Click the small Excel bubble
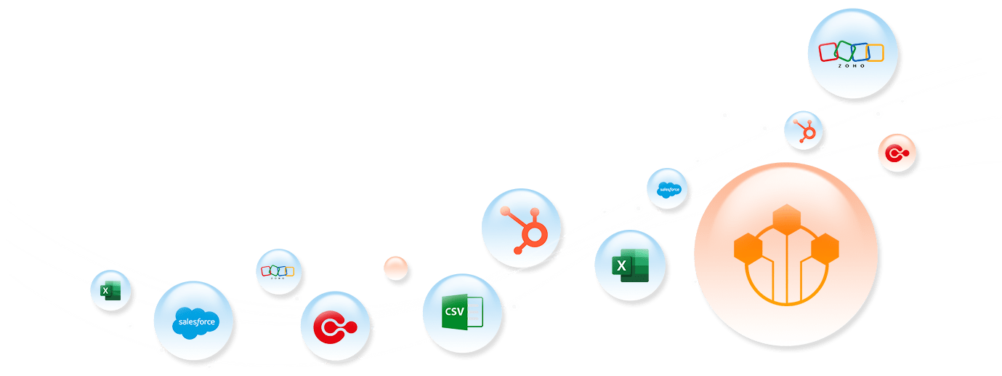(110, 291)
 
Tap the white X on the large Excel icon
(621, 265)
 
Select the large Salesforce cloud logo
(195, 321)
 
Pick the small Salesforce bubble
(667, 188)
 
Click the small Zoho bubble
(278, 271)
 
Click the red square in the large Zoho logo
(830, 52)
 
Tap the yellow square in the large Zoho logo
(874, 52)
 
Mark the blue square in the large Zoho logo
(861, 52)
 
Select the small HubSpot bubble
(804, 131)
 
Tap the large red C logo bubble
(335, 325)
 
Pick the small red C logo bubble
(896, 153)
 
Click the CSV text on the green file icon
(454, 313)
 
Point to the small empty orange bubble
(396, 268)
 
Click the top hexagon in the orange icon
(785, 218)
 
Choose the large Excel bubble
(629, 265)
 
